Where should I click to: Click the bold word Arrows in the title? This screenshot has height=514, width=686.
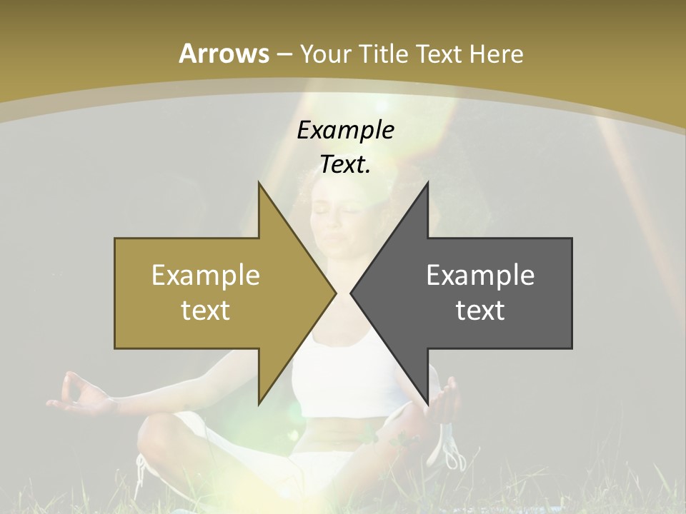pyautogui.click(x=224, y=54)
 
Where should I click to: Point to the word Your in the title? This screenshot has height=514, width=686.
pyautogui.click(x=324, y=54)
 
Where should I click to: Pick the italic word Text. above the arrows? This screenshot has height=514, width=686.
pyautogui.click(x=345, y=164)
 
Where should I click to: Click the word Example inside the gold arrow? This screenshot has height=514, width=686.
pyautogui.click(x=205, y=275)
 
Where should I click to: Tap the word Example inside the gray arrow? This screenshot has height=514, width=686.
pyautogui.click(x=480, y=275)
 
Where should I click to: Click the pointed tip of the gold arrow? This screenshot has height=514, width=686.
pyautogui.click(x=334, y=293)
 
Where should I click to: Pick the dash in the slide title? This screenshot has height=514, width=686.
pyautogui.click(x=284, y=54)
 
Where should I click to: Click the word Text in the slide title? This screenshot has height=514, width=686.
pyautogui.click(x=438, y=54)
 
